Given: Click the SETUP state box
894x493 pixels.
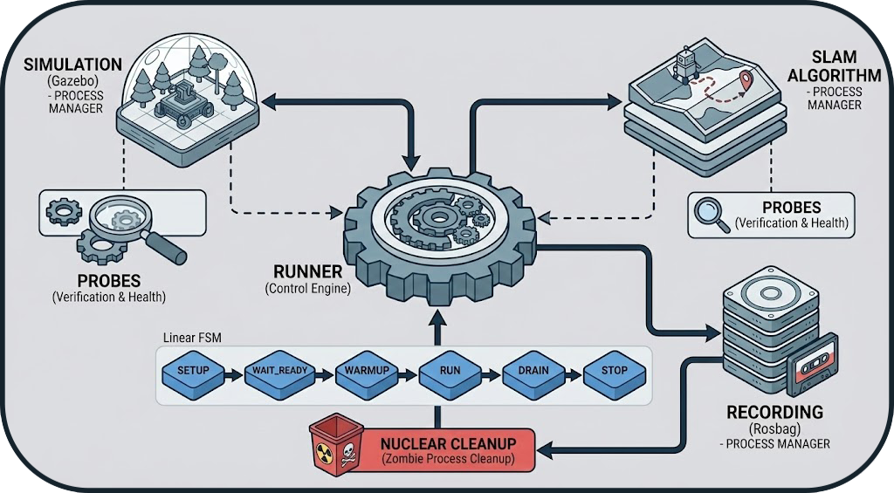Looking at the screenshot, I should (x=193, y=370).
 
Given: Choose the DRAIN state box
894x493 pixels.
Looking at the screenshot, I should (x=533, y=370).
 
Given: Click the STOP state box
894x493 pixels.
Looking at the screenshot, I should (x=615, y=370).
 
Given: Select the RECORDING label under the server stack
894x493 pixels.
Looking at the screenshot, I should (x=774, y=412).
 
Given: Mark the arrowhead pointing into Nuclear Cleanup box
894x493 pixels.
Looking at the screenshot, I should (x=542, y=450).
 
